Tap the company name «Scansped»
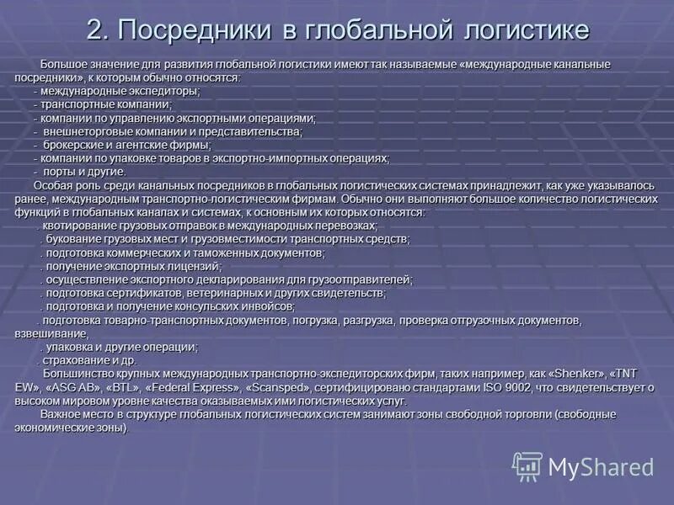tap(276, 387)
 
